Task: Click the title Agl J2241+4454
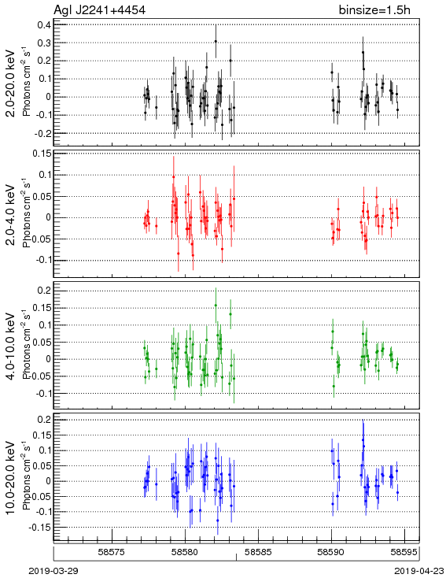99,10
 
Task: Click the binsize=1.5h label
374,10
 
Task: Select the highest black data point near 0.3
216,42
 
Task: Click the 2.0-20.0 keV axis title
12,83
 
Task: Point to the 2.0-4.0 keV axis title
12,215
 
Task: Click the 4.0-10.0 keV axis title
12,346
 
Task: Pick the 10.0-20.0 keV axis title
12,478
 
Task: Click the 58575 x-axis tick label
112,552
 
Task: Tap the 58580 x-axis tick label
186,552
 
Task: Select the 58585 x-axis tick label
259,552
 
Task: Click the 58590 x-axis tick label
331,552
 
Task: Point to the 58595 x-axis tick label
404,552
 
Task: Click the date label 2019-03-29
53,571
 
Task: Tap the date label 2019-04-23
419,571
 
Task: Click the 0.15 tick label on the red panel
42,153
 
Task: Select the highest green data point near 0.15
216,306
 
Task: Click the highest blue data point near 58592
363,439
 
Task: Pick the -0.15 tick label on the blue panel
40,528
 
